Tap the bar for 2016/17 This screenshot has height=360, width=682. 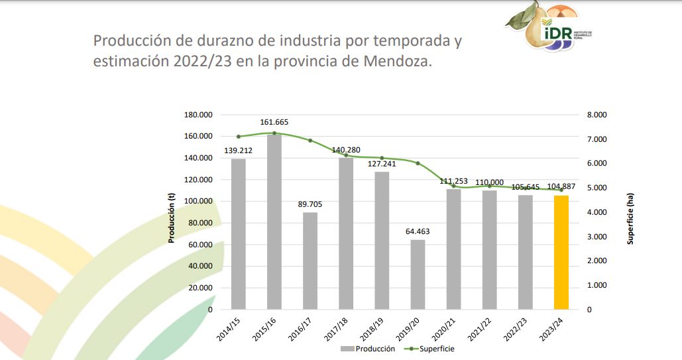click(x=310, y=261)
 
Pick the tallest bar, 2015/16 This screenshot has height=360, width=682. click(x=274, y=221)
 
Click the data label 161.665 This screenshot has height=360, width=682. click(x=274, y=122)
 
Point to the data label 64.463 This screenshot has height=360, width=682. click(x=418, y=231)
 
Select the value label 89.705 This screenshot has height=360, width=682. click(x=310, y=204)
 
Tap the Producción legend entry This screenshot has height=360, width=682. click(x=369, y=349)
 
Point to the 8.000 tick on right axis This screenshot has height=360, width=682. click(x=597, y=115)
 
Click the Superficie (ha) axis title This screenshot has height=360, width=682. click(x=630, y=219)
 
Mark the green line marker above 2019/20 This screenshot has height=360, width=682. click(x=418, y=163)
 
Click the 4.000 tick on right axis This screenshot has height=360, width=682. click(x=597, y=212)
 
